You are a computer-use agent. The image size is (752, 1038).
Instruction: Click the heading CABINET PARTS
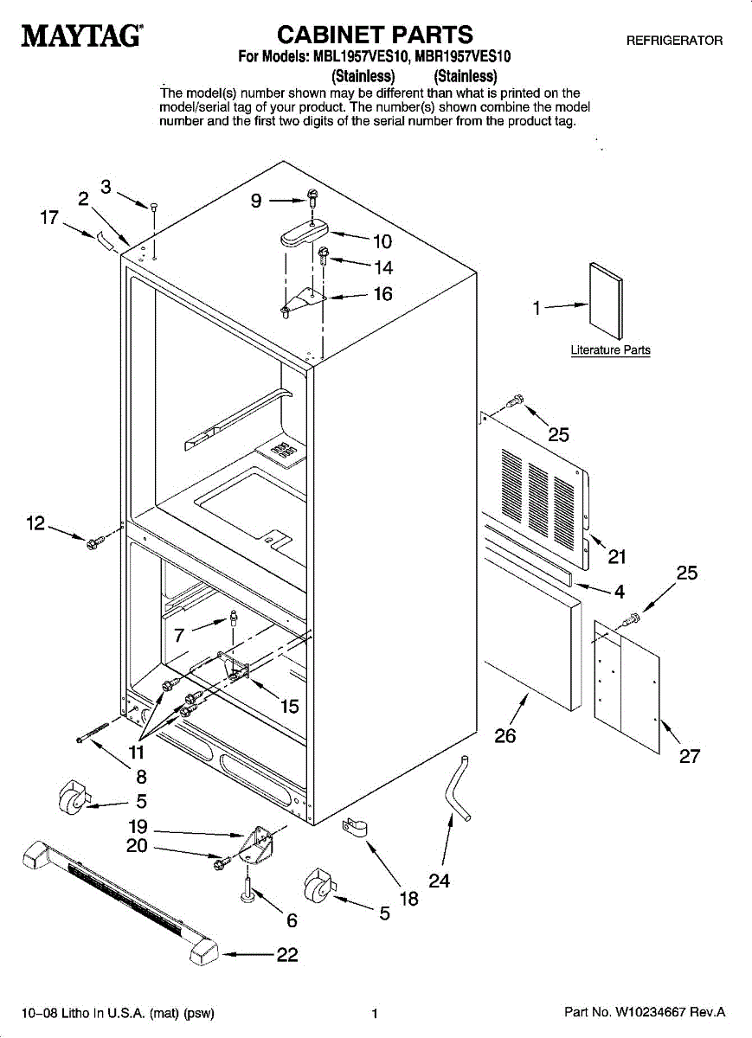375,34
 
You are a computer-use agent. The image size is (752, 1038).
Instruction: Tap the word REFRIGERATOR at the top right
674,41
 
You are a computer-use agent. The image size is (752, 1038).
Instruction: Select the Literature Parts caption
610,350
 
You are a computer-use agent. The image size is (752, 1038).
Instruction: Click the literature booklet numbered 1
605,299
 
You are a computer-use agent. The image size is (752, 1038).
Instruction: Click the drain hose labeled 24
455,788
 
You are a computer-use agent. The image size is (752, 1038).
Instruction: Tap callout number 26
505,736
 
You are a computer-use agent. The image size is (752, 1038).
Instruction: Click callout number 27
689,756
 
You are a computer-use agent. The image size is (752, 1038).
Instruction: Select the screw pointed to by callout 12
93,541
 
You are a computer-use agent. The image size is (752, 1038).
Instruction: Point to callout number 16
382,294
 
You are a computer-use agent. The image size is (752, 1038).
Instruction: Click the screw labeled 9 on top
312,198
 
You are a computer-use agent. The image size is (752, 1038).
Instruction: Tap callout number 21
617,557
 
